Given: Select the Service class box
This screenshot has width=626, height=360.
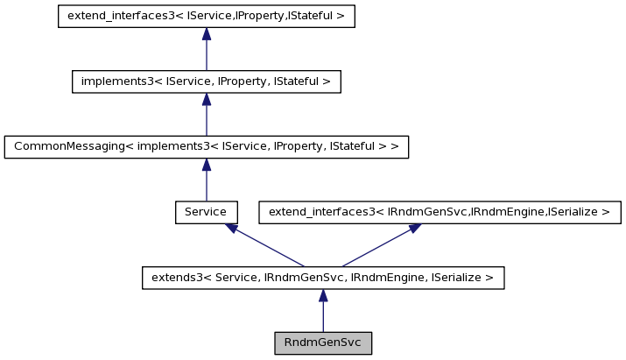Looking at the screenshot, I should pyautogui.click(x=206, y=212).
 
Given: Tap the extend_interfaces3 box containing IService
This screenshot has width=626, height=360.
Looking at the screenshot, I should pyautogui.click(x=206, y=17).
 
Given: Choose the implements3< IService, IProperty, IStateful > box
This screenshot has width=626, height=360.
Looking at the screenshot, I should pyautogui.click(x=206, y=82).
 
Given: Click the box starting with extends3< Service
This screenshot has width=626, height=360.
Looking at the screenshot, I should pyautogui.click(x=323, y=278).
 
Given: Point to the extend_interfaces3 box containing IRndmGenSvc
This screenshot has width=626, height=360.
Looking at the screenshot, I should pyautogui.click(x=440, y=212).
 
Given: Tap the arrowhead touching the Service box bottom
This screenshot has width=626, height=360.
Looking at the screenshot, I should pyautogui.click(x=231, y=228).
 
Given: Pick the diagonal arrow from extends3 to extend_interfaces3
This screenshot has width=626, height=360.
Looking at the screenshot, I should pyautogui.click(x=376, y=245).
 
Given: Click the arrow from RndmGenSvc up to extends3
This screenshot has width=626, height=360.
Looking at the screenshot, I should pyautogui.click(x=323, y=311).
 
